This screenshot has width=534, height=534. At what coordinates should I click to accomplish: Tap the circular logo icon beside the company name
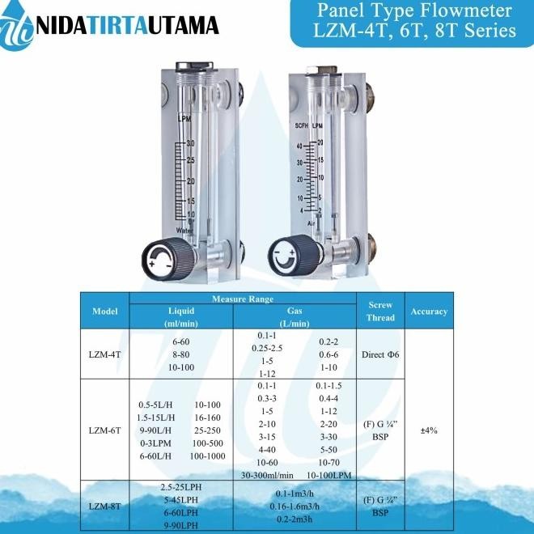tap(19, 26)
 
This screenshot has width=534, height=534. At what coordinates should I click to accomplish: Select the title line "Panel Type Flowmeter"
tap(413, 11)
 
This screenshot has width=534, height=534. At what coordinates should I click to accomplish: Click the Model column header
tap(105, 311)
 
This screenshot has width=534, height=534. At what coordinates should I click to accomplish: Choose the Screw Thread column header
tap(380, 311)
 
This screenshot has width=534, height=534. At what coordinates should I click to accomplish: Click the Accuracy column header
tap(429, 311)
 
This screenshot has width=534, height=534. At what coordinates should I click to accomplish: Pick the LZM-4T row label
tap(105, 354)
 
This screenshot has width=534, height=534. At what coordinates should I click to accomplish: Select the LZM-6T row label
tap(105, 430)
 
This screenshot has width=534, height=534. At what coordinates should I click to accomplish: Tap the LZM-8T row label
tap(105, 506)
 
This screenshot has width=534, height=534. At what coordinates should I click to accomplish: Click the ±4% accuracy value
tap(429, 430)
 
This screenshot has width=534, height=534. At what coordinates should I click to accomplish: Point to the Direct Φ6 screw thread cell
tap(380, 354)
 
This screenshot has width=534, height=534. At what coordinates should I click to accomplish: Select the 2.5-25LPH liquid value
tap(180, 488)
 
